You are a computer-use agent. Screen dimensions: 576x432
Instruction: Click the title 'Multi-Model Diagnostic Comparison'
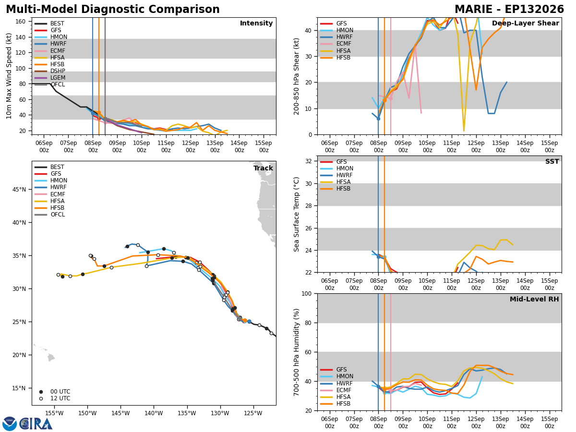[113, 10]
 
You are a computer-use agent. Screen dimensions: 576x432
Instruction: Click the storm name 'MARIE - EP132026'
[509, 10]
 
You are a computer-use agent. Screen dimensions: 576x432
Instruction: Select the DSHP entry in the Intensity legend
[49, 71]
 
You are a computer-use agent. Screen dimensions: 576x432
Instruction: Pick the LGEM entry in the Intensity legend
[49, 78]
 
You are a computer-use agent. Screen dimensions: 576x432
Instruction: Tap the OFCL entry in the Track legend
[49, 215]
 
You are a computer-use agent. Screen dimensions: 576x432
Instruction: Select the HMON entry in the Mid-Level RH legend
[336, 376]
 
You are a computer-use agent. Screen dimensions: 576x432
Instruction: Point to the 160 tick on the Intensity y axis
[21, 22]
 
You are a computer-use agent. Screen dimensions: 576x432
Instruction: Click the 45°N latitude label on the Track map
[19, 190]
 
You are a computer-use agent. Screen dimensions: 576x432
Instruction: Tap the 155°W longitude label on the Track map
[54, 413]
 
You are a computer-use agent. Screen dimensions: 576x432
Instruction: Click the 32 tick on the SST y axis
[309, 161]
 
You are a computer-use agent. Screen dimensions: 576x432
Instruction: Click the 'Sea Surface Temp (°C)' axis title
[297, 214]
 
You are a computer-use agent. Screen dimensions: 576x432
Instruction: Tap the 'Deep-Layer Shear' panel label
[525, 24]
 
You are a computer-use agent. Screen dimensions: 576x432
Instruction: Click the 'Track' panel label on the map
[263, 168]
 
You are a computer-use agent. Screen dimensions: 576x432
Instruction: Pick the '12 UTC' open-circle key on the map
[55, 398]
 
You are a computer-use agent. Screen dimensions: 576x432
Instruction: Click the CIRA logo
[27, 424]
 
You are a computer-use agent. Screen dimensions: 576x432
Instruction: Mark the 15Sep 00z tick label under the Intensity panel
[264, 146]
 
